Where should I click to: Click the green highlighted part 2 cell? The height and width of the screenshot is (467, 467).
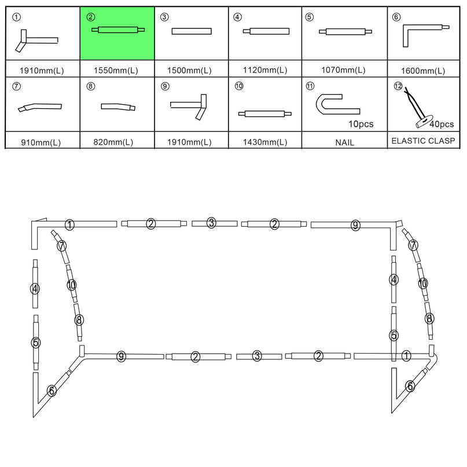pyautogui.click(x=117, y=33)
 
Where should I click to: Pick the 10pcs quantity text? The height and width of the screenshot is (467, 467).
pyautogui.click(x=361, y=124)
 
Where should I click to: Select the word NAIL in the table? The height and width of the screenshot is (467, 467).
pyautogui.click(x=344, y=142)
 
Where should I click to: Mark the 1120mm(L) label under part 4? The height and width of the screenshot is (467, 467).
pyautogui.click(x=265, y=71)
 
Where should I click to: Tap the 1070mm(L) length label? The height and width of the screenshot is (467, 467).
pyautogui.click(x=344, y=71)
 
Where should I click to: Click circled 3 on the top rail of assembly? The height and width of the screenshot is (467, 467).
pyautogui.click(x=212, y=223)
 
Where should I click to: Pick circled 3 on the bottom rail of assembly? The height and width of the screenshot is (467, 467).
pyautogui.click(x=257, y=356)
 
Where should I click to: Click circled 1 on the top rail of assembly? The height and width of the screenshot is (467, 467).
pyautogui.click(x=69, y=224)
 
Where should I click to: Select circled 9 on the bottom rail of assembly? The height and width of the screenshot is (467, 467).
pyautogui.click(x=121, y=356)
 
